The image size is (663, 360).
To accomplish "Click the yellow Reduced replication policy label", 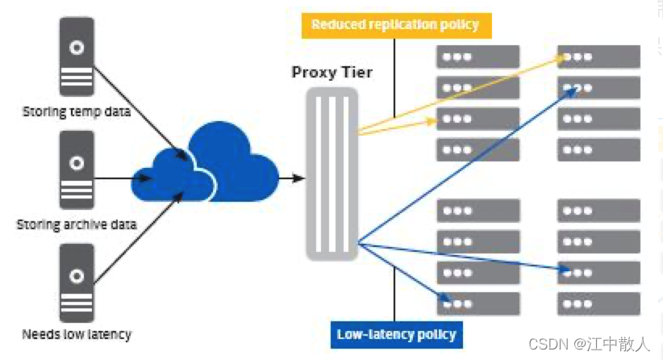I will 394,24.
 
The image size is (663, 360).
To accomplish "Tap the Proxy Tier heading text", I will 331,73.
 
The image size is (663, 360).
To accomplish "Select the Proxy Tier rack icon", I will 331,173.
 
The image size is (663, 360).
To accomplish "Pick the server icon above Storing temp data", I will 77,58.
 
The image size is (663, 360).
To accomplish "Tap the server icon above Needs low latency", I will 77,283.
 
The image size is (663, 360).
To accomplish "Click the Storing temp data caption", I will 77,111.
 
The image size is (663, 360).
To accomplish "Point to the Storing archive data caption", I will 77,224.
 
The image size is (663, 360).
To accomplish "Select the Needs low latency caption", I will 77,333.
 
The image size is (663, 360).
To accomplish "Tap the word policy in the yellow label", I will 460,24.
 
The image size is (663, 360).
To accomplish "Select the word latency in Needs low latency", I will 109,333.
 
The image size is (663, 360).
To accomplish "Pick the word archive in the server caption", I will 88,224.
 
